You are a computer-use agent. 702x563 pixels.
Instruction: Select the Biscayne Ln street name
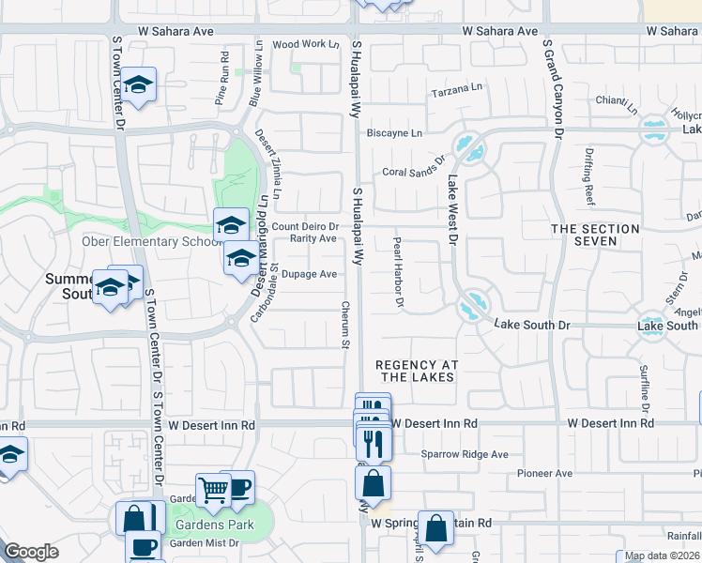394,133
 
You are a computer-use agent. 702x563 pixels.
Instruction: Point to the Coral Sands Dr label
412,172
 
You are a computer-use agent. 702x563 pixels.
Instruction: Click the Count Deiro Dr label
305,227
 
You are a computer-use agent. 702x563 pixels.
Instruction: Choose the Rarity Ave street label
313,238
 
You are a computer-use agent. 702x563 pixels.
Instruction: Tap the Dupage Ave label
311,274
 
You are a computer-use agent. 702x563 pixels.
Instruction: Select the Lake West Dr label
451,211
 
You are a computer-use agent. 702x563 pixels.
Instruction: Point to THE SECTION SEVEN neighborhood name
596,235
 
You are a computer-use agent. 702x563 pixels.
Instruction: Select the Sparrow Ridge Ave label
464,454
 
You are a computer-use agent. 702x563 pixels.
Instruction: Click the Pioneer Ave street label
548,474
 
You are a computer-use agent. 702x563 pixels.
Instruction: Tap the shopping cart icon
214,488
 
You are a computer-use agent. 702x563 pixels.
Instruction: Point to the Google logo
31,552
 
